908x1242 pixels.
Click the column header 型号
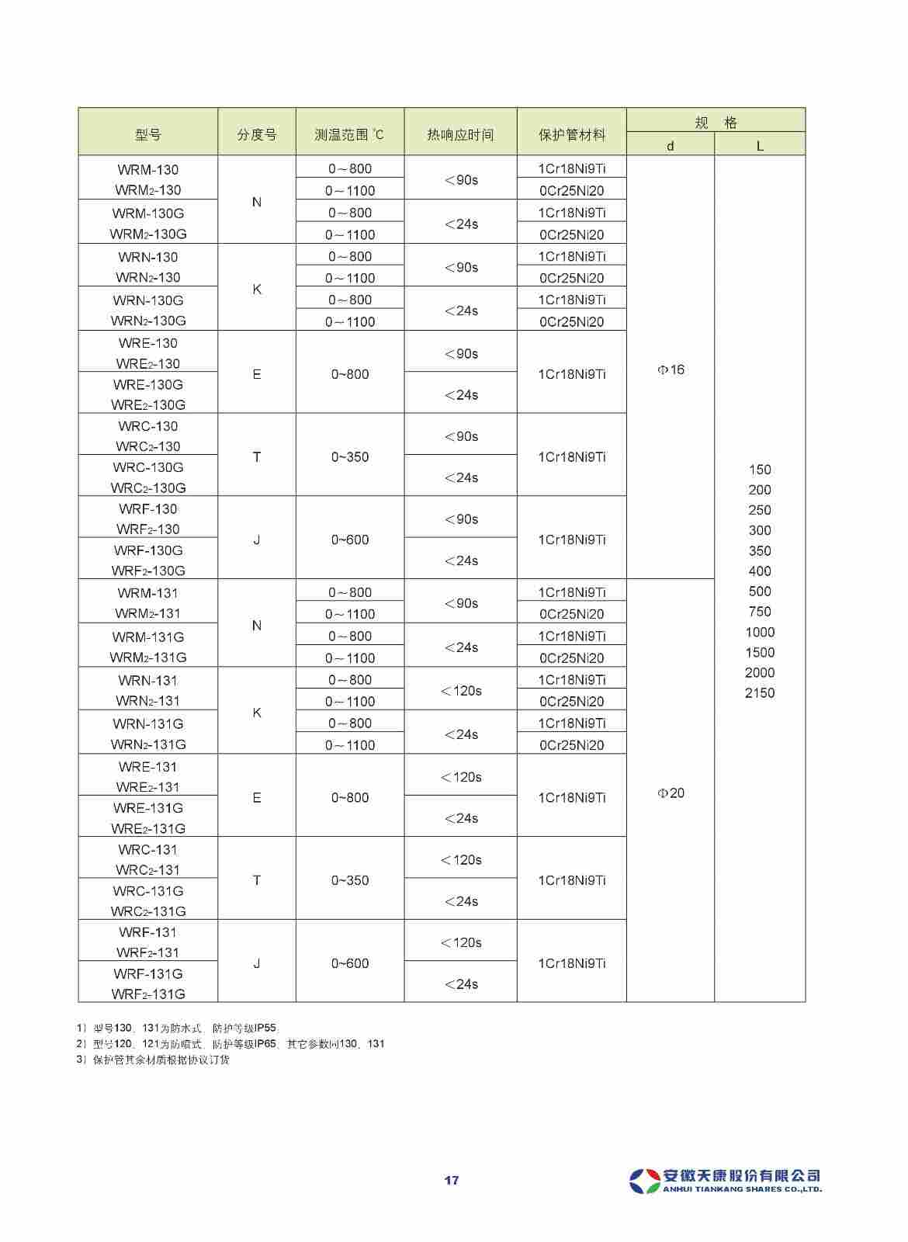pos(147,134)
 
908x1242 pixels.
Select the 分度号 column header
pos(257,134)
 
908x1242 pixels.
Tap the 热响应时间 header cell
pos(460,134)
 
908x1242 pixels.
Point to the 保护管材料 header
pos(572,134)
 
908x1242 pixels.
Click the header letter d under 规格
pos(671,146)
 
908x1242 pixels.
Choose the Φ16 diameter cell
pos(671,369)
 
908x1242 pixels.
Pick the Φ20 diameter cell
pos(671,793)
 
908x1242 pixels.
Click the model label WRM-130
pos(147,169)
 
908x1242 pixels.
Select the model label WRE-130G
pos(147,384)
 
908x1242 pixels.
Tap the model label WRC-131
pos(147,849)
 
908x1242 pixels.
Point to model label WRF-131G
pos(147,973)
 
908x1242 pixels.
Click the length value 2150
pos(760,692)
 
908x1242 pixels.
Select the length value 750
pos(760,612)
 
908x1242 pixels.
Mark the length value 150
pos(760,470)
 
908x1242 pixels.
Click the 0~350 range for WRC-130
pos(350,456)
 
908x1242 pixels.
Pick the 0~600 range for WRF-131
pos(350,963)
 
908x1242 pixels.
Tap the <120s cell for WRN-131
pos(461,690)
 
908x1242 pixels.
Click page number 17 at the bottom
pos(452,1181)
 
